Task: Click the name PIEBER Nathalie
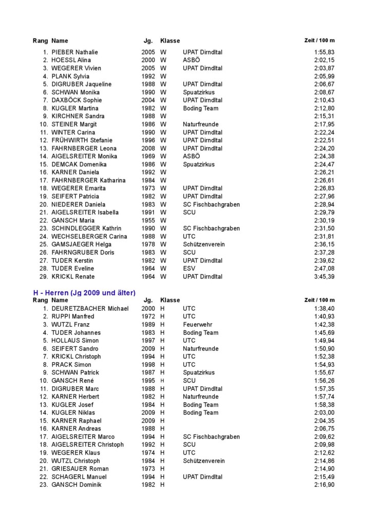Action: coord(74,52)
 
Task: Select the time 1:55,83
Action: coord(324,52)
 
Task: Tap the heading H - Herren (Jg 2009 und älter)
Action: coord(84,293)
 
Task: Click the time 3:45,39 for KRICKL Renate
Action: coord(324,276)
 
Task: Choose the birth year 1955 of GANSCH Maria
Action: coord(148,220)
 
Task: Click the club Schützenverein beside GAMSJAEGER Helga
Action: coord(203,244)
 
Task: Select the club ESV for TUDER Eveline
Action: coord(189,268)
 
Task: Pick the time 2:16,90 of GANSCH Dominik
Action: coord(324,485)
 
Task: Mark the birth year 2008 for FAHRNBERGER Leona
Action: coord(148,148)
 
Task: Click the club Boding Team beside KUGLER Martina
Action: coord(200,108)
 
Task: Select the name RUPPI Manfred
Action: coord(73,316)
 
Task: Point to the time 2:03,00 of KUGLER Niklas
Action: coord(324,412)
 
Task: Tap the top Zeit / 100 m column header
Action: coord(320,41)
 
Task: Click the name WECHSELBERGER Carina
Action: coord(89,236)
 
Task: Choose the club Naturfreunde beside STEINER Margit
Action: coord(200,124)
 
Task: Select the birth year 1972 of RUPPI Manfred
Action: coord(148,316)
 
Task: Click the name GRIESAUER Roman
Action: coord(80,469)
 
